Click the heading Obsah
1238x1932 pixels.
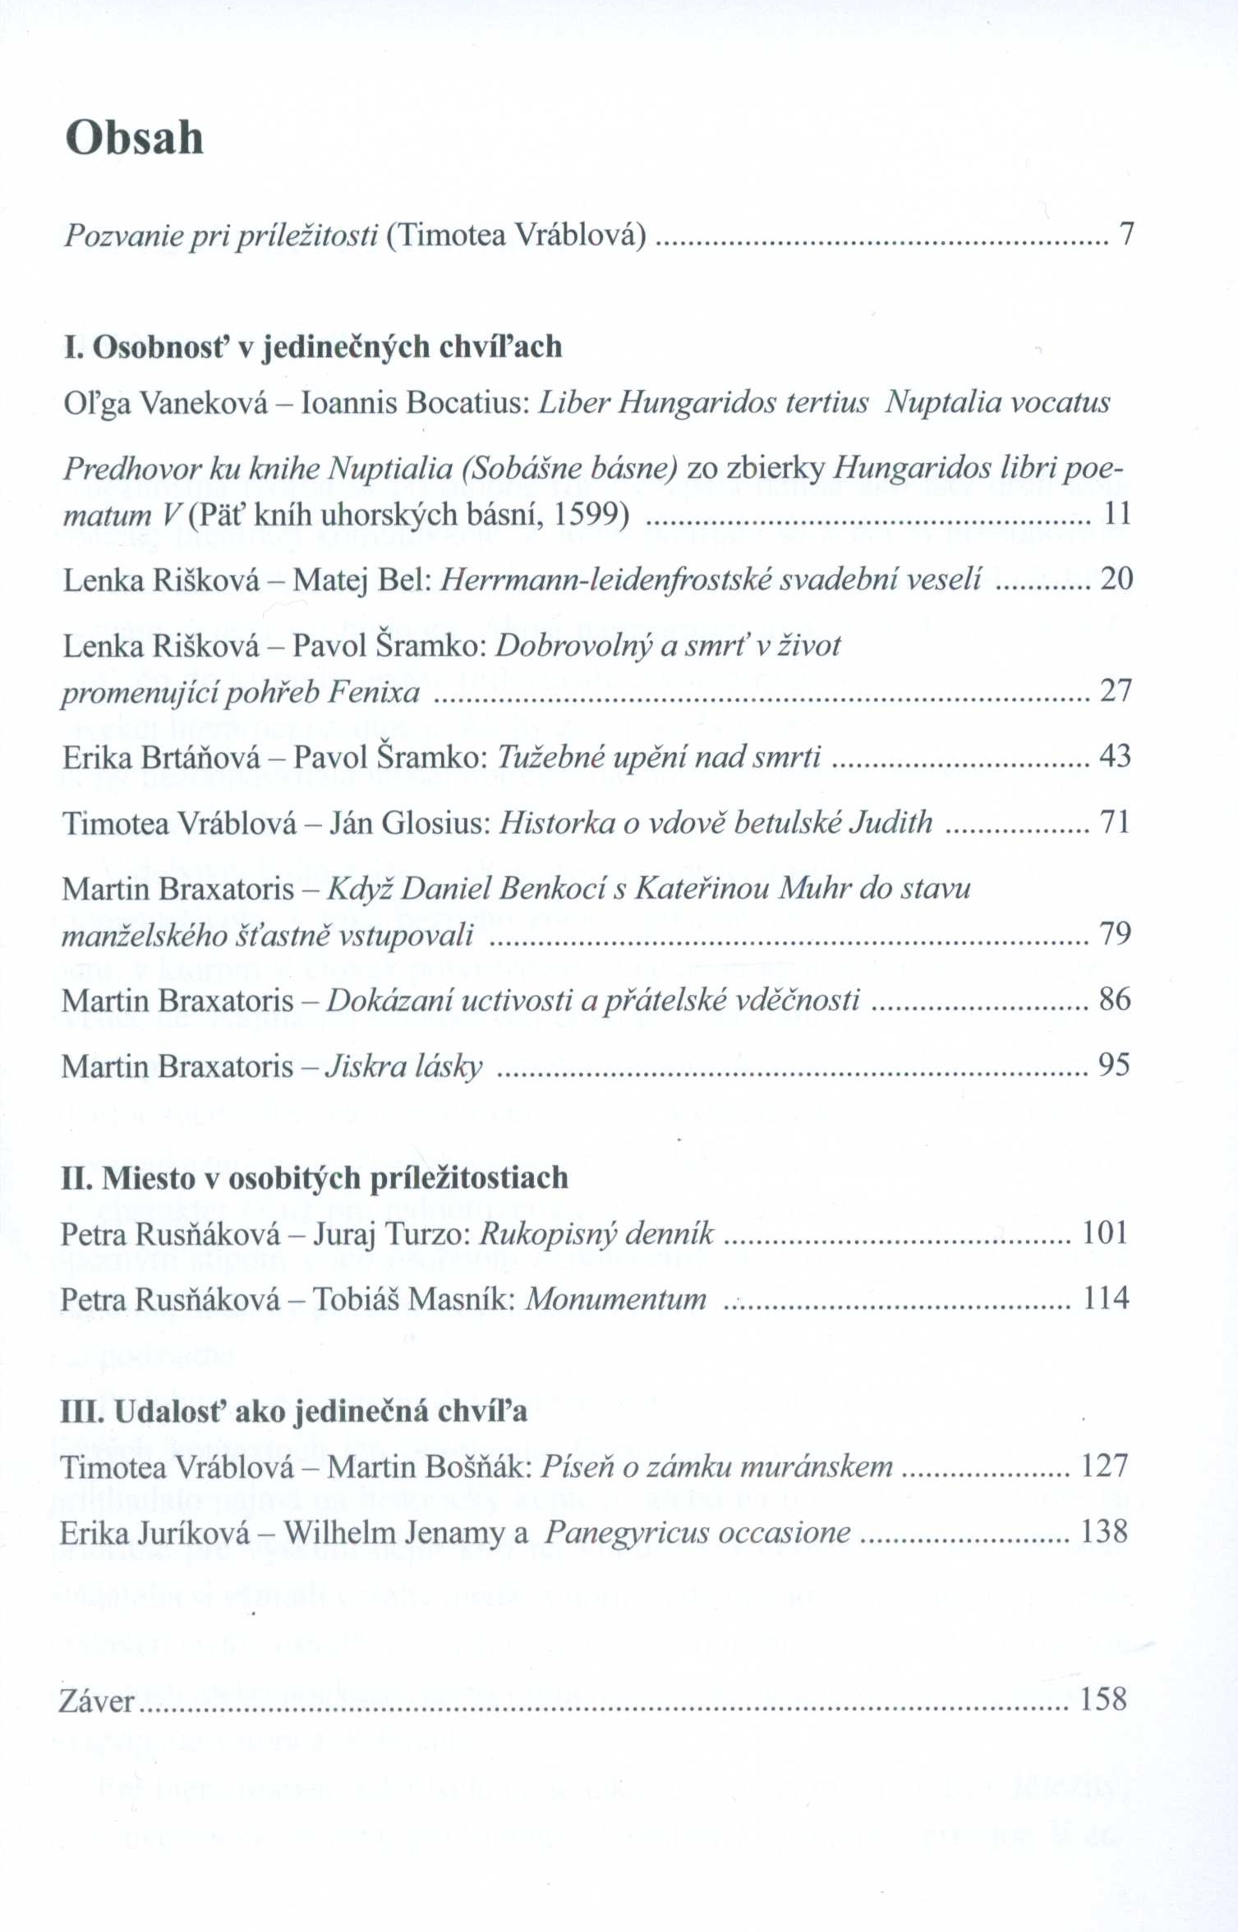coord(134,137)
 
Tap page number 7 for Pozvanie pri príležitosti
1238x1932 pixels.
coord(1126,235)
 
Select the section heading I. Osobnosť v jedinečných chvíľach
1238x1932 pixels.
coord(313,347)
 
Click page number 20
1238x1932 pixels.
coord(1116,580)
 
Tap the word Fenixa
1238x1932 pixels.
coord(373,693)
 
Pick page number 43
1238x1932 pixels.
coord(1115,756)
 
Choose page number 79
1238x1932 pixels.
coord(1115,934)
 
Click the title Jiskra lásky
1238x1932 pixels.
coord(403,1067)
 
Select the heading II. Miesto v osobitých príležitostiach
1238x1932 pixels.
coord(315,1178)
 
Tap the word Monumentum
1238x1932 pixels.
coord(616,1299)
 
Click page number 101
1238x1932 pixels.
coord(1105,1233)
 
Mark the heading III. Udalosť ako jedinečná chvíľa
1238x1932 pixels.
coord(293,1411)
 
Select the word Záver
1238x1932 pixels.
coord(96,1700)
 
